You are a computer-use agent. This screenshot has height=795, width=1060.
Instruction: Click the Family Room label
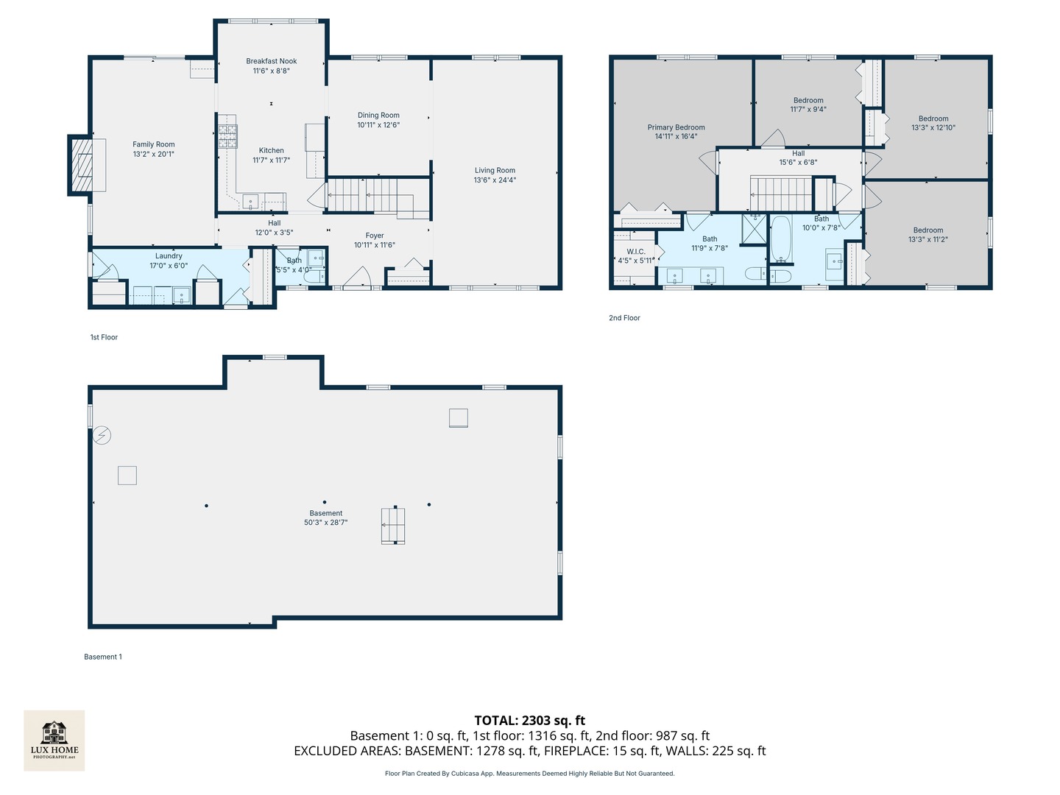point(154,144)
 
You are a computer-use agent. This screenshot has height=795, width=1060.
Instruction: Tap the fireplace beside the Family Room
point(82,165)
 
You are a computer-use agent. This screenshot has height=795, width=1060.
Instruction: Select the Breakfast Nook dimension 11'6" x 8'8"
point(272,71)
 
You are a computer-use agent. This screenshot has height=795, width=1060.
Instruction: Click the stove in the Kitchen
point(227,137)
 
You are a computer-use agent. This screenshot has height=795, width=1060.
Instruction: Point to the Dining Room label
point(378,115)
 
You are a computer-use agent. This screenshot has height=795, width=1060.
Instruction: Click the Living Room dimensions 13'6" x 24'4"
point(495,180)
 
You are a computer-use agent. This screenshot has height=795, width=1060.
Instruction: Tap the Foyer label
point(375,236)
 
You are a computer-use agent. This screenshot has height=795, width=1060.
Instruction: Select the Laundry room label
point(169,256)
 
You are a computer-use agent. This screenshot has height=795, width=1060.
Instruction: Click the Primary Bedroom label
point(676,127)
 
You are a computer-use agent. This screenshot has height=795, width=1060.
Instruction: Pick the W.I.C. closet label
point(636,252)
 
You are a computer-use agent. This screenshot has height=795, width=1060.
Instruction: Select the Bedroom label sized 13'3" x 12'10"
point(933,119)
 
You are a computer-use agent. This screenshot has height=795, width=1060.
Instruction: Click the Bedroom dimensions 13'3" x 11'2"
point(928,240)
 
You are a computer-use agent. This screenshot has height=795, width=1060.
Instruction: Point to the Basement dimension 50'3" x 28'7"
point(325,523)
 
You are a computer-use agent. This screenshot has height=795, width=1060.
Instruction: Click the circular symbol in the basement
point(102,436)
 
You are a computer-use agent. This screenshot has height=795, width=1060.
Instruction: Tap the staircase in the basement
point(393,526)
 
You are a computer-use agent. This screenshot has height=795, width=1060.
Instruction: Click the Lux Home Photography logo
point(54,740)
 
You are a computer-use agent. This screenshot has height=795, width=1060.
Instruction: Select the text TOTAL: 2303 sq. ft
point(529,721)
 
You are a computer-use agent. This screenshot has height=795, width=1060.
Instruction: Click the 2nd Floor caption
point(624,318)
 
